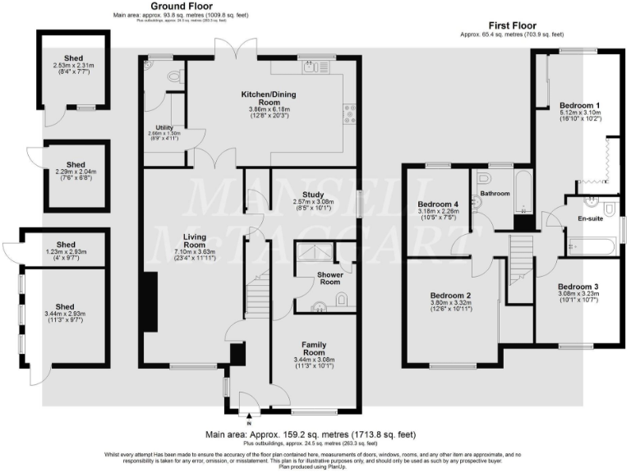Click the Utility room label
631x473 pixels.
(164, 128)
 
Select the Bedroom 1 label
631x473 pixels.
(580, 106)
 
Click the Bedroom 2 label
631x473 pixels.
(449, 296)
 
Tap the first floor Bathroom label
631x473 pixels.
(495, 194)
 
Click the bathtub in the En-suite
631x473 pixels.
(590, 244)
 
